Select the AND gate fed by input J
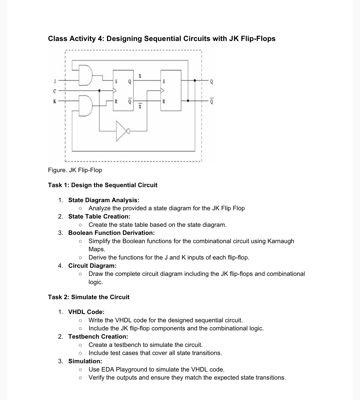pyautogui.click(x=85, y=75)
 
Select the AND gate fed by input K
pyautogui.click(x=85, y=106)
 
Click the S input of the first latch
pyautogui.click(x=116, y=81)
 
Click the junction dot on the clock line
pyautogui.click(x=99, y=90)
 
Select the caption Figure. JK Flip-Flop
pyautogui.click(x=75, y=170)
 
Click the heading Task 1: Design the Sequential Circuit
pyautogui.click(x=103, y=185)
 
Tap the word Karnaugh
pyautogui.click(x=281, y=241)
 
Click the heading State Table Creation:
pyautogui.click(x=99, y=216)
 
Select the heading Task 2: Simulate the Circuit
pyautogui.click(x=89, y=297)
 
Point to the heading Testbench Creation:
pyautogui.click(x=98, y=337)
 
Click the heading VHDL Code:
pyautogui.click(x=86, y=312)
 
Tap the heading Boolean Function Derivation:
pyautogui.click(x=111, y=233)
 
